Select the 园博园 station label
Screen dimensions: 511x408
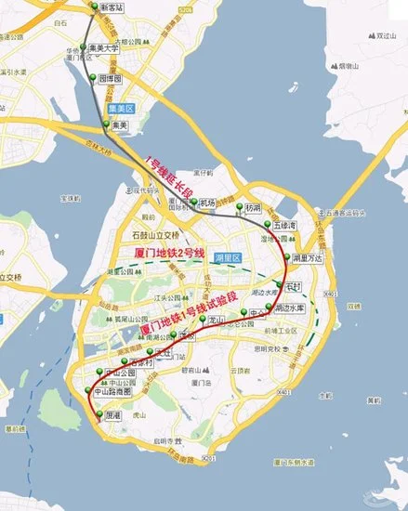coord(112,81)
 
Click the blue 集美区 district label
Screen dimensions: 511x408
coord(125,109)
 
